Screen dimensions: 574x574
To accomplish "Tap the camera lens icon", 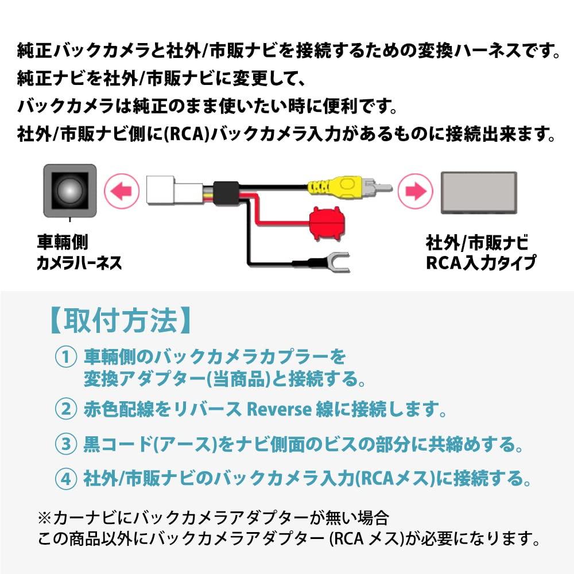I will click(x=69, y=189).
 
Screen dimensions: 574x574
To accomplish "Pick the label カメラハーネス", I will click(x=79, y=263).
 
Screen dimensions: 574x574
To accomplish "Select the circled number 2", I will click(x=65, y=409).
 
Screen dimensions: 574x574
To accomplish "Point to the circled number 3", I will click(x=65, y=443).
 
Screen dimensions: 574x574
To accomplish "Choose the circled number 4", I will click(x=65, y=477).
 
